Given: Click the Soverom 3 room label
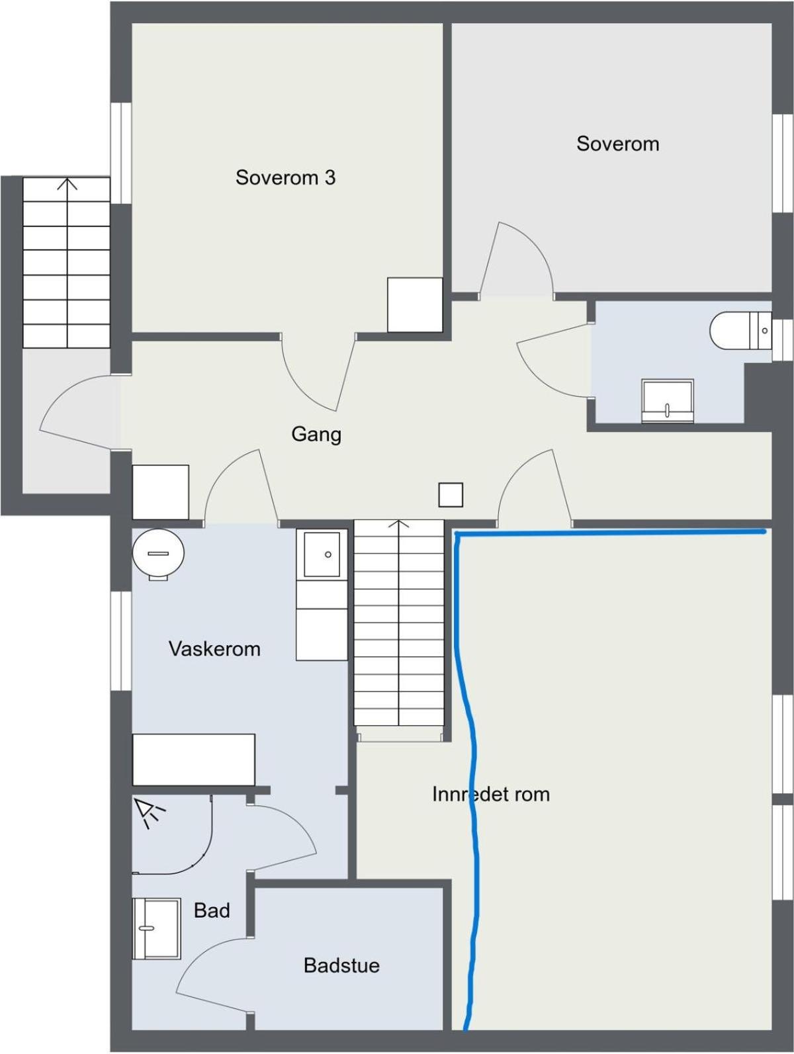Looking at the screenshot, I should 285,177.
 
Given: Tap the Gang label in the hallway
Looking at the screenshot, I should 316,434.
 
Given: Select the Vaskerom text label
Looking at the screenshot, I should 214,648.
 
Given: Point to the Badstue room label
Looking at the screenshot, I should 341,965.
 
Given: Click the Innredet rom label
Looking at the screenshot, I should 491,794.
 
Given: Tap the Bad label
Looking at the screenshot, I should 212,910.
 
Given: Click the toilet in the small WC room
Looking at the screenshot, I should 740,330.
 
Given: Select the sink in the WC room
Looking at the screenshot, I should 667,400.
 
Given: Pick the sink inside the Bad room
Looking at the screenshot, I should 156,928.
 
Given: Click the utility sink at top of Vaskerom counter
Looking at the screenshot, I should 322,554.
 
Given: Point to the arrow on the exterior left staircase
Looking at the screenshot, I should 66,185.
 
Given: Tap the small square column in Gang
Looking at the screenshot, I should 451,494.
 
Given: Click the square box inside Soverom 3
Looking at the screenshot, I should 415,304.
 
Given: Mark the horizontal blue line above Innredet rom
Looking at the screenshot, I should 609,531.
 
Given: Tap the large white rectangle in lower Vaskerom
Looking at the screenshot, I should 194,760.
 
